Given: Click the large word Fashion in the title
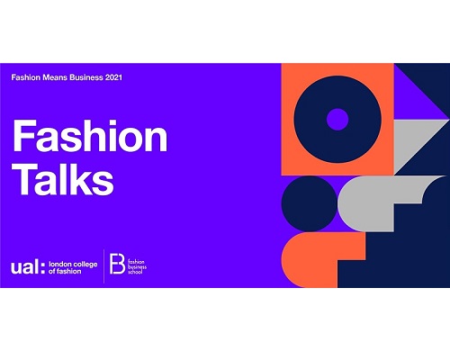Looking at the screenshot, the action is click(90, 136).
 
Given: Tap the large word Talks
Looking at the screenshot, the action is click(63, 179).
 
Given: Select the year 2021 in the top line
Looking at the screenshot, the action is click(113, 77).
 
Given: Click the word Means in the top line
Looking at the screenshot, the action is click(55, 77).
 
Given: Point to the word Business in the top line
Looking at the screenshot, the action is click(86, 77).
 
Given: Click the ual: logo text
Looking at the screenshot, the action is click(28, 267).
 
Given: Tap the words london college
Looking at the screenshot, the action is click(73, 265).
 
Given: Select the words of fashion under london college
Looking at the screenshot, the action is click(65, 271).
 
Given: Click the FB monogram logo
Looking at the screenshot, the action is click(117, 264).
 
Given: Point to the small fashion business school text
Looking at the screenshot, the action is click(137, 266).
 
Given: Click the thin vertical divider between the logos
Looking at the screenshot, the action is click(103, 266).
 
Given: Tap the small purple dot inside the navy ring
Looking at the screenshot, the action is click(337, 120).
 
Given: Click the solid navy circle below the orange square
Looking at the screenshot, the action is click(310, 203).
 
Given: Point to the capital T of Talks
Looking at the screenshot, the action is click(25, 179).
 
